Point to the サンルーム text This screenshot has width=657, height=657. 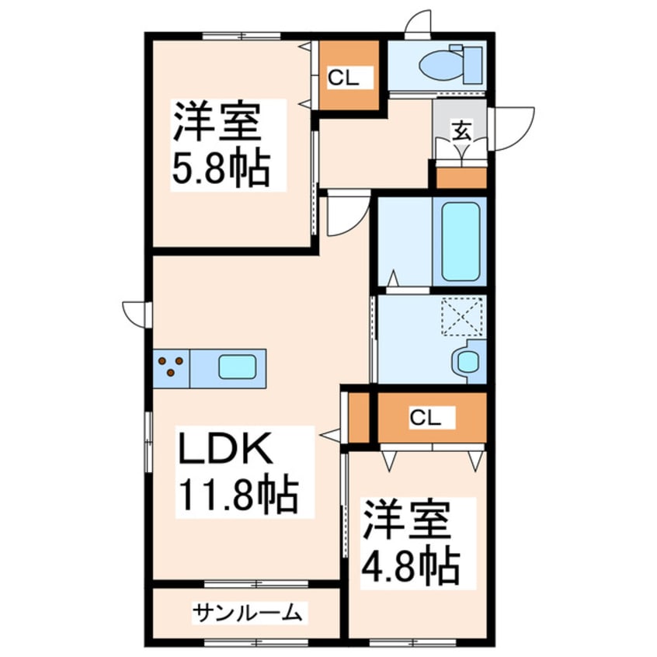[x=246, y=614]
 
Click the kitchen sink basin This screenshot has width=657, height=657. [x=238, y=367]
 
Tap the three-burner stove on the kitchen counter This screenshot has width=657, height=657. [x=172, y=367]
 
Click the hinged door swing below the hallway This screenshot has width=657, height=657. [x=346, y=215]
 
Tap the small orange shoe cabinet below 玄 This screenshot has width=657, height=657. [x=461, y=177]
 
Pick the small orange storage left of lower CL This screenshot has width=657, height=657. [x=359, y=419]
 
